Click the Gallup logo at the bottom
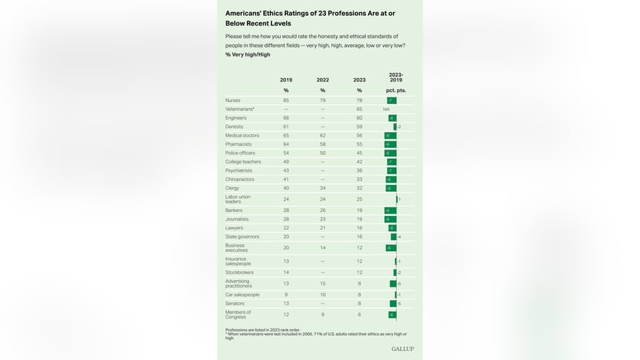402,349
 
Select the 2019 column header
286,79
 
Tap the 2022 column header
322,79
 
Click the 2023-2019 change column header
395,77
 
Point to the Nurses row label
232,100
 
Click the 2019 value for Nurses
286,100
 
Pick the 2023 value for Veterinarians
359,109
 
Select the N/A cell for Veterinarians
386,109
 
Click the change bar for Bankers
390,211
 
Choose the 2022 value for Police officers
322,153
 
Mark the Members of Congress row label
238,313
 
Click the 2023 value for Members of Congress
359,314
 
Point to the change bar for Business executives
391,247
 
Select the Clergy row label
232,188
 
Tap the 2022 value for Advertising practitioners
322,283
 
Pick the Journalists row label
236,219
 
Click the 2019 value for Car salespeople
286,295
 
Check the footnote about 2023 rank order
263,330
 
